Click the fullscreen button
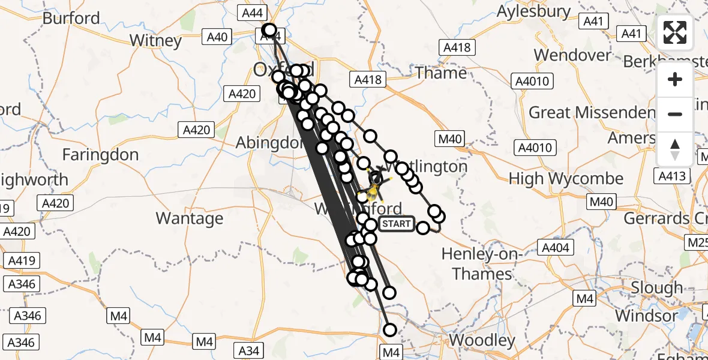675,32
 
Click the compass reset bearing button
675,149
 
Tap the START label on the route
397,224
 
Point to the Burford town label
71,18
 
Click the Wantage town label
190,218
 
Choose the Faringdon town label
100,155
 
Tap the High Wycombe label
566,179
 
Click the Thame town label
440,73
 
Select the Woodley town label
482,341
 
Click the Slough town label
656,289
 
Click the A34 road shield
248,350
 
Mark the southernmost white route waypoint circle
390,330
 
